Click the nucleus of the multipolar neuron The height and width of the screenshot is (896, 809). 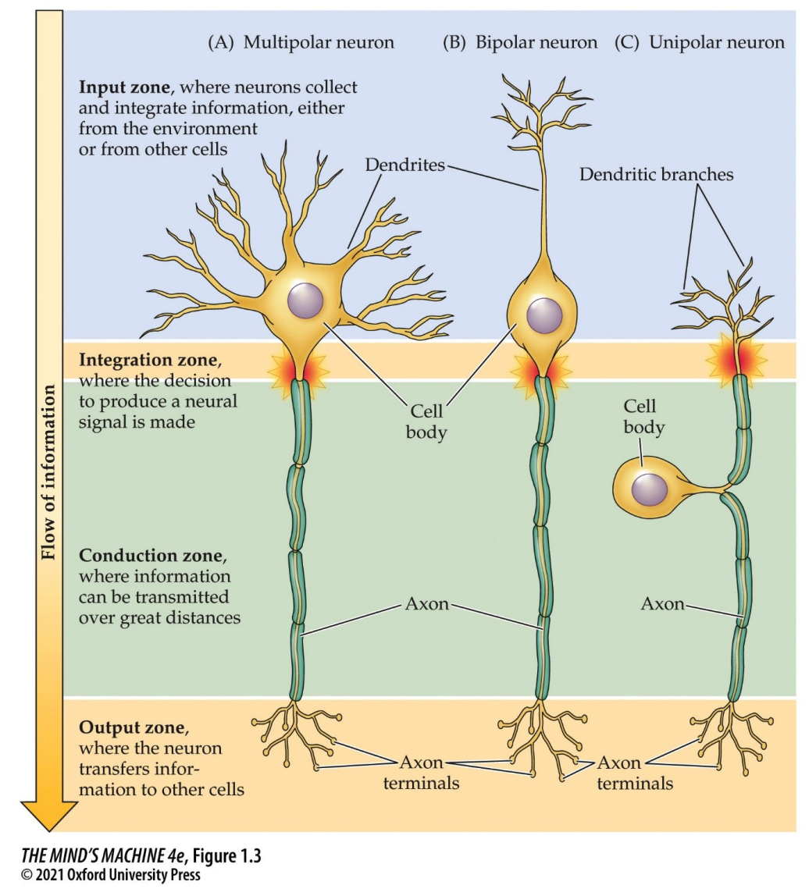pyautogui.click(x=305, y=300)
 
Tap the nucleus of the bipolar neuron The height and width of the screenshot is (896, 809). pyautogui.click(x=543, y=315)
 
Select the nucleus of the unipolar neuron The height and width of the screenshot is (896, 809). pyautogui.click(x=650, y=489)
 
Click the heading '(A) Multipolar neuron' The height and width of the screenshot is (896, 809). pyautogui.click(x=301, y=42)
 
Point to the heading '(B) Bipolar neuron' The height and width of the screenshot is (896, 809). pyautogui.click(x=521, y=42)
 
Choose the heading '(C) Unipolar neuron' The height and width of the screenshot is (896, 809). pyautogui.click(x=700, y=42)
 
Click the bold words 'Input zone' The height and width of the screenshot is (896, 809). pyautogui.click(x=124, y=87)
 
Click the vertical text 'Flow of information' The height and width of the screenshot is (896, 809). pyautogui.click(x=48, y=472)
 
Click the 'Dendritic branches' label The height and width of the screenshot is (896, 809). pyautogui.click(x=656, y=174)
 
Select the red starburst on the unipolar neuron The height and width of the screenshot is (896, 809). pyautogui.click(x=735, y=358)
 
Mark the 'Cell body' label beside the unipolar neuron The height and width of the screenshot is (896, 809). pyautogui.click(x=644, y=416)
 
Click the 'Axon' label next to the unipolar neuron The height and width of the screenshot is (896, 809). pyautogui.click(x=661, y=603)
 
